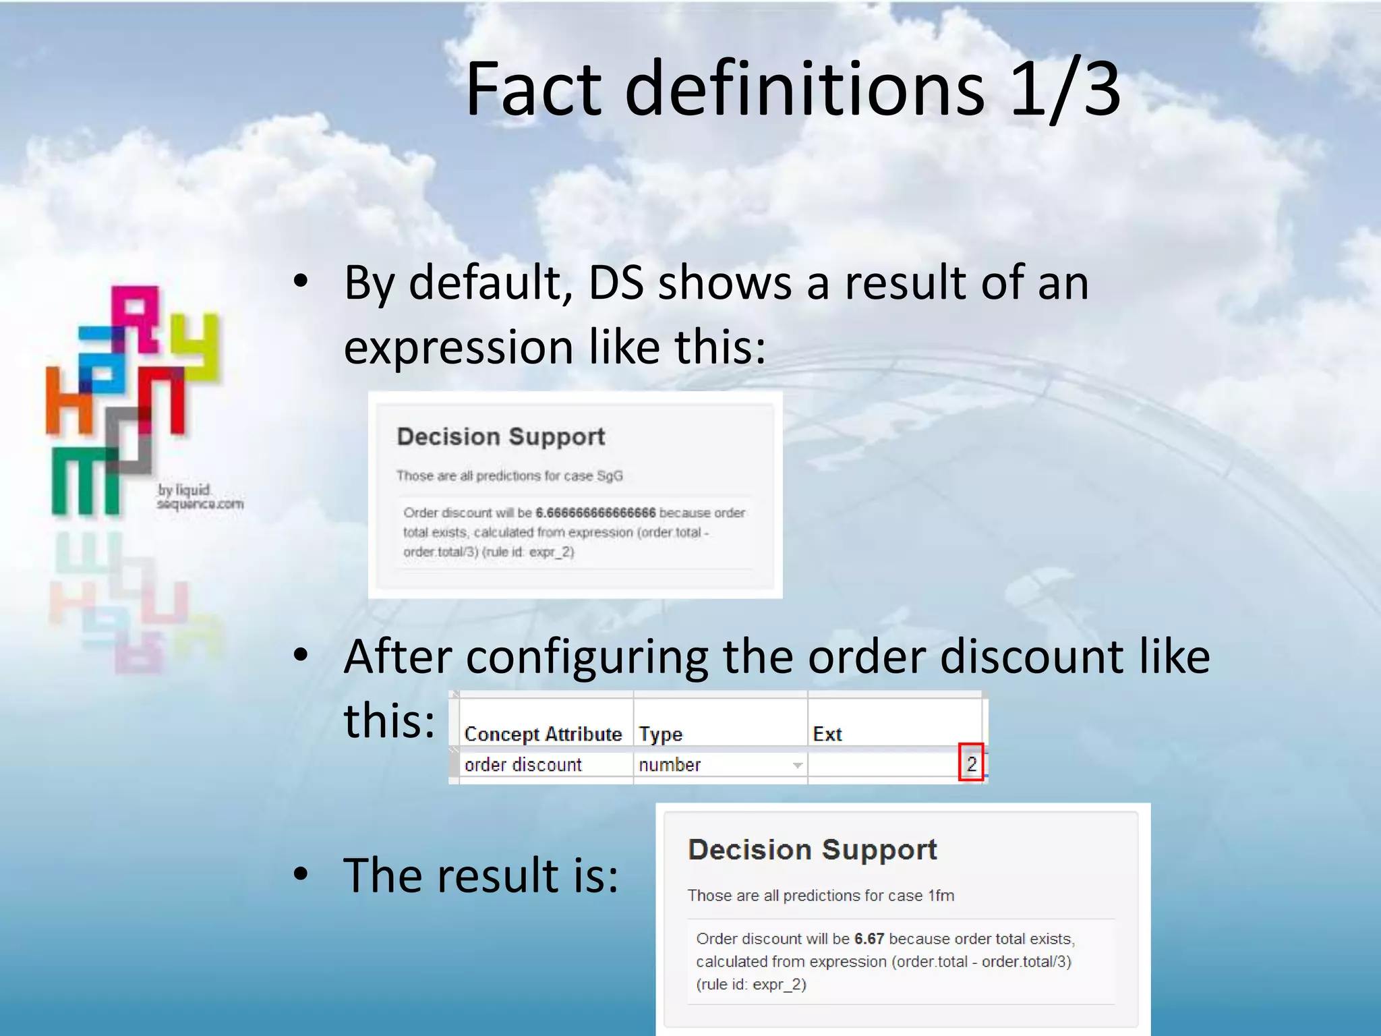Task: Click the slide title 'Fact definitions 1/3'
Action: pyautogui.click(x=793, y=89)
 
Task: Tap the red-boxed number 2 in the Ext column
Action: pyautogui.click(x=971, y=764)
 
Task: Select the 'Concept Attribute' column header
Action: pyautogui.click(x=543, y=734)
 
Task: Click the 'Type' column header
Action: pyautogui.click(x=661, y=734)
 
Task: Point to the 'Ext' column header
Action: pyautogui.click(x=827, y=734)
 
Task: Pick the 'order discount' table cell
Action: pyautogui.click(x=523, y=765)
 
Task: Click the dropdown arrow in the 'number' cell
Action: pyautogui.click(x=797, y=765)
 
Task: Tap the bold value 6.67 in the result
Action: pyautogui.click(x=869, y=939)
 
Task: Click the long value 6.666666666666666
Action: pyautogui.click(x=595, y=513)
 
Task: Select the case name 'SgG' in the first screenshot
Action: pyautogui.click(x=610, y=476)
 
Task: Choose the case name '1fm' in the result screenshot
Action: pyautogui.click(x=941, y=896)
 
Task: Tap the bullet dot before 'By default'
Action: pyautogui.click(x=301, y=281)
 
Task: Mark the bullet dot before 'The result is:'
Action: pyautogui.click(x=301, y=874)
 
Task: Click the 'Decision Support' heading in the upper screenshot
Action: pyautogui.click(x=501, y=436)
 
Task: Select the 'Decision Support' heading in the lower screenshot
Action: pyautogui.click(x=813, y=850)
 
